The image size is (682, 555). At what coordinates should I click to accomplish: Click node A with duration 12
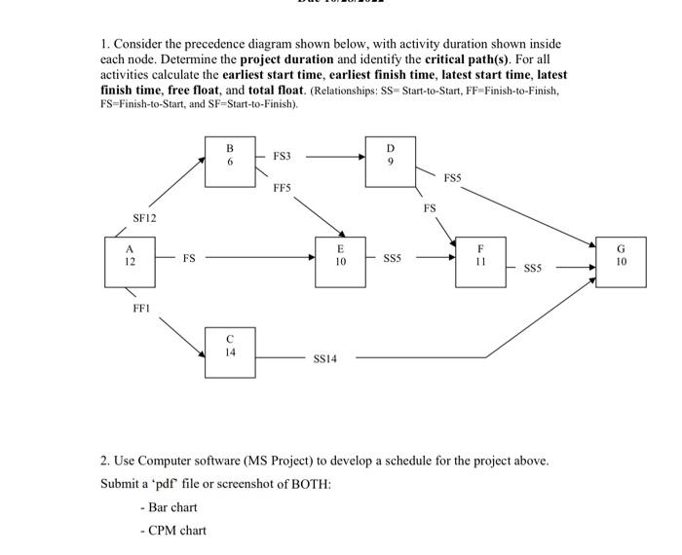pos(130,259)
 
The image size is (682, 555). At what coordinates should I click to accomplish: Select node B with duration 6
pos(230,162)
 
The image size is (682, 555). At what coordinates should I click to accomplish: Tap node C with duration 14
pos(230,351)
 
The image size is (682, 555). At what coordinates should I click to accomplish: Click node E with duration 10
pos(340,259)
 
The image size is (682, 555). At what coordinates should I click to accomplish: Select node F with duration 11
pos(480,259)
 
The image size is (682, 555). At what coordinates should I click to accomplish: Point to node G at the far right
pos(622,259)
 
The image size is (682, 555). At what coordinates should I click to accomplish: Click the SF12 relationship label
pos(144,218)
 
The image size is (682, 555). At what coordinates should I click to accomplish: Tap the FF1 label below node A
pos(141,309)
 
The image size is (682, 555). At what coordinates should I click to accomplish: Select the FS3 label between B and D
pos(281,155)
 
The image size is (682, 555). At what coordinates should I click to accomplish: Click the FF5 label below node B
pos(282,187)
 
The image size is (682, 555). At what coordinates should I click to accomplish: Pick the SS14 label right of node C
pos(324,359)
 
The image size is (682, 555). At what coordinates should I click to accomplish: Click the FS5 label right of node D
pos(452,178)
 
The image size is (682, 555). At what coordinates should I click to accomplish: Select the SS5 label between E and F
pos(392,260)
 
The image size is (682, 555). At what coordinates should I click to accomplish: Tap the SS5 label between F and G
pos(533,268)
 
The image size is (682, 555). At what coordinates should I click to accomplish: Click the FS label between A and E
pos(189,259)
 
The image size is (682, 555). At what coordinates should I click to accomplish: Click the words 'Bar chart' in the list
pos(172,507)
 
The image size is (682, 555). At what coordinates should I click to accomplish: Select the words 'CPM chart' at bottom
pos(176,531)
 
